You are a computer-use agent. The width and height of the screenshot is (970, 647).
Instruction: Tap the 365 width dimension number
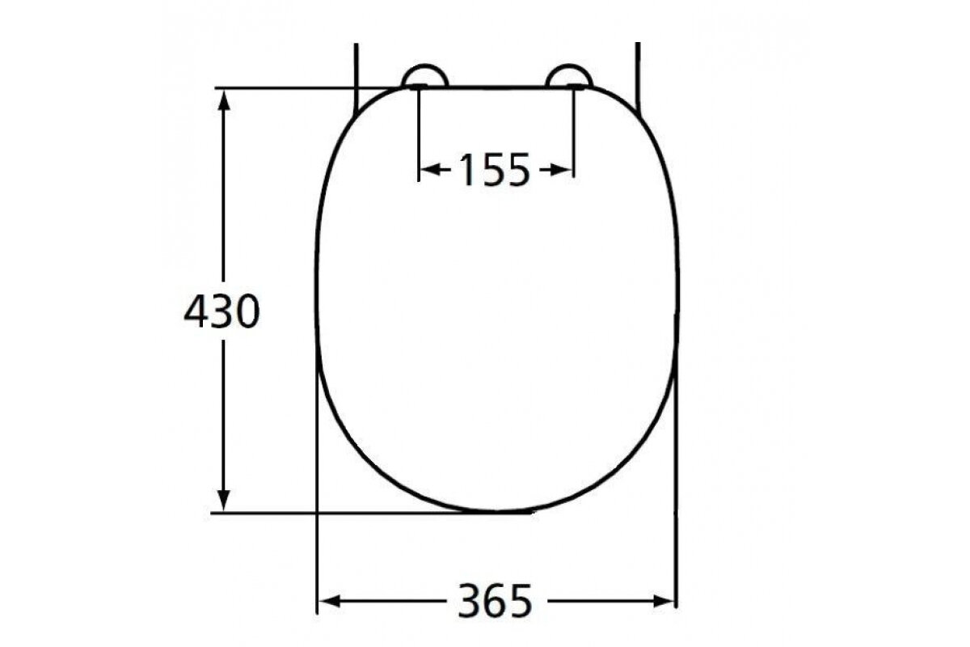coord(496,600)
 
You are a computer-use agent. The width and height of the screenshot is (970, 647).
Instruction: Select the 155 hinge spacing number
coord(494,170)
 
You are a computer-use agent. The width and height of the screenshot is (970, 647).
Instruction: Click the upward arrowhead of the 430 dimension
coord(225,99)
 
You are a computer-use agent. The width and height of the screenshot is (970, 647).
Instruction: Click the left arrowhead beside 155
coord(431,170)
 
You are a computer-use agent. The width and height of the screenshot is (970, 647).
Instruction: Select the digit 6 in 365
coord(496,600)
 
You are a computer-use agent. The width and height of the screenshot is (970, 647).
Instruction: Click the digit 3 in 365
coord(470,600)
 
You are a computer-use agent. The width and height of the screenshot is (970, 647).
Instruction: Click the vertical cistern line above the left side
coord(356,73)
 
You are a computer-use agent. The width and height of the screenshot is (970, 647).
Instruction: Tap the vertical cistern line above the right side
coord(639,73)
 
